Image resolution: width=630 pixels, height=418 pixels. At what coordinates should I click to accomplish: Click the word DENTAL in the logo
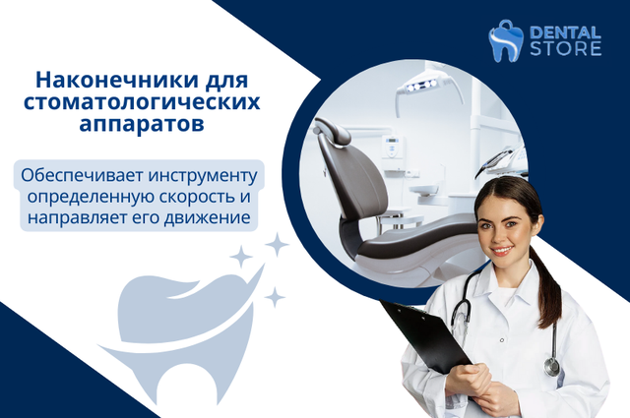(565, 32)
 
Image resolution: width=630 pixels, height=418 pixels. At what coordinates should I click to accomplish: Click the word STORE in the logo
(565, 49)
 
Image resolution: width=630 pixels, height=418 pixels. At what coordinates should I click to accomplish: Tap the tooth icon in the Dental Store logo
(505, 41)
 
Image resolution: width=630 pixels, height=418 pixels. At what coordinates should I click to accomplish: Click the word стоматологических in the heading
(142, 102)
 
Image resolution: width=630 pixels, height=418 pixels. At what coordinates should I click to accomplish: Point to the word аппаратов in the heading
(142, 124)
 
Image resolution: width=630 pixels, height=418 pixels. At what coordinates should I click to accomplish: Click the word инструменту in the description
(203, 177)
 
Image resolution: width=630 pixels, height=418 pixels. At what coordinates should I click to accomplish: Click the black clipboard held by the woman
(426, 335)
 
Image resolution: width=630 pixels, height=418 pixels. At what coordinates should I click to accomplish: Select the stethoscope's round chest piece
(552, 366)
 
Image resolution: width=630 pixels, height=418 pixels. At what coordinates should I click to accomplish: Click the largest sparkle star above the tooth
(277, 245)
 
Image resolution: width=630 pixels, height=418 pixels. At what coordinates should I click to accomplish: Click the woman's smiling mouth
(503, 251)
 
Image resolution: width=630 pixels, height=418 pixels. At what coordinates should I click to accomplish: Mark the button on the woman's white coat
(502, 340)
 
